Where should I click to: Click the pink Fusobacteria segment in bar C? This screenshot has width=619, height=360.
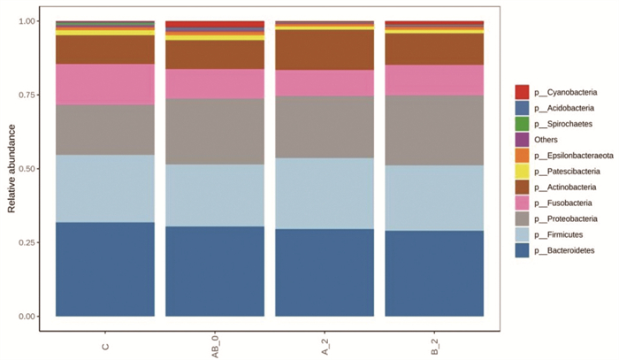coord(105,85)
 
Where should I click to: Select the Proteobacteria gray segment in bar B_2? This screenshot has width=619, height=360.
coord(434,130)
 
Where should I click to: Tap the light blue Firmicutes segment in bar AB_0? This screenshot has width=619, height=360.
coord(215,195)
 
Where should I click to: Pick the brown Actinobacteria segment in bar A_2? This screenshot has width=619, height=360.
coord(325,50)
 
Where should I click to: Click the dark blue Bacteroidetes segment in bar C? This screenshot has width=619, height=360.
coord(105,269)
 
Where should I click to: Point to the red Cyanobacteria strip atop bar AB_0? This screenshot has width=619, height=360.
coord(215,24)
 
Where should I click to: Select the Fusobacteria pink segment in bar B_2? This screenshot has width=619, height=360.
coord(434,80)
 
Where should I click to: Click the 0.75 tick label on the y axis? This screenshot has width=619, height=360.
coord(27,95)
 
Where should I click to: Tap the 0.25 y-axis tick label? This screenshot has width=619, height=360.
coord(27,242)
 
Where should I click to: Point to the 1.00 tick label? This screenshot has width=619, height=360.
coord(27,21)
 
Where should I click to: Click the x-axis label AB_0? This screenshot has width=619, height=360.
coord(216,348)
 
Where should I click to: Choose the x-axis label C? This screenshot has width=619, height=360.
coord(105,347)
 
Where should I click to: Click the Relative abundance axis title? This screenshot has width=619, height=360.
coord(11,169)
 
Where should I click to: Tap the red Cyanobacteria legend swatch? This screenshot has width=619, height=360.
coord(522,92)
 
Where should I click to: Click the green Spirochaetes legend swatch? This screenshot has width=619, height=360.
coord(522,124)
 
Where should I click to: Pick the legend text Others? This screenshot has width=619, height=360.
coord(546,140)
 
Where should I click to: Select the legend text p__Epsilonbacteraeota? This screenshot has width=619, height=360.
coord(574,156)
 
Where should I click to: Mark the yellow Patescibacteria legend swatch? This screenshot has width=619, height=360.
coord(522,171)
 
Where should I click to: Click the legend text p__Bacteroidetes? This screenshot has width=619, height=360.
coord(564,250)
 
